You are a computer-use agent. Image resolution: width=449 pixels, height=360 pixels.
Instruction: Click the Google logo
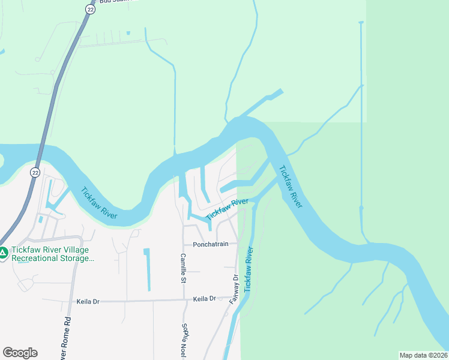coord(20,353)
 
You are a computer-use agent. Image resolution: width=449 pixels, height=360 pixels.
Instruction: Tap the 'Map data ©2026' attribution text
coord(423,355)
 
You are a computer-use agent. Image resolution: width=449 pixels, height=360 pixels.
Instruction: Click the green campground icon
coord(4,254)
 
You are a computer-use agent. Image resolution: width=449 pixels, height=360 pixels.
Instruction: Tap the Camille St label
coord(183,268)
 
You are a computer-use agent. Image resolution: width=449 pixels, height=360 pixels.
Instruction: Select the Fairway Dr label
coord(234,289)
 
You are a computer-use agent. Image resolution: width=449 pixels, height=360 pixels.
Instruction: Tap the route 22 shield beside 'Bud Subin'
coord(90,9)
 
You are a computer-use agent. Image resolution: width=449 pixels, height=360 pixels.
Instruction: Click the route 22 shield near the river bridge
coord(35,172)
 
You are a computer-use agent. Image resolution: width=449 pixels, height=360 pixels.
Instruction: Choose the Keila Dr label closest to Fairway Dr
coord(204,299)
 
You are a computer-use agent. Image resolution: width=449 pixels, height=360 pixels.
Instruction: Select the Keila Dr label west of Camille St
coord(88,301)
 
